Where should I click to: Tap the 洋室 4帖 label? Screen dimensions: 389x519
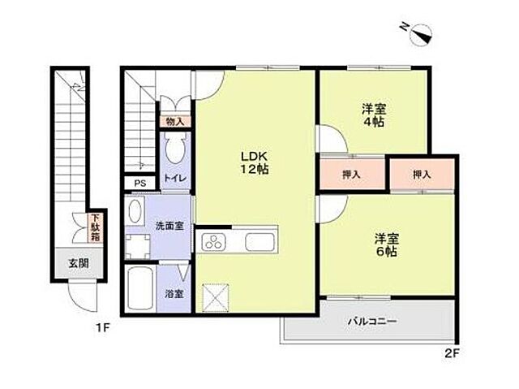[372, 115]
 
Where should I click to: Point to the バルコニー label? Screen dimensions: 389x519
[372, 322]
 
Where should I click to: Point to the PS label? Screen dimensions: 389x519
[139, 183]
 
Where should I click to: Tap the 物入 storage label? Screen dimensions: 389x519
[174, 122]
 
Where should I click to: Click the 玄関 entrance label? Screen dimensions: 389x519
[78, 262]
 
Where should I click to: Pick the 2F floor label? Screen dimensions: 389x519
[453, 353]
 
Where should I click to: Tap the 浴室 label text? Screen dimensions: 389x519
[174, 294]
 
